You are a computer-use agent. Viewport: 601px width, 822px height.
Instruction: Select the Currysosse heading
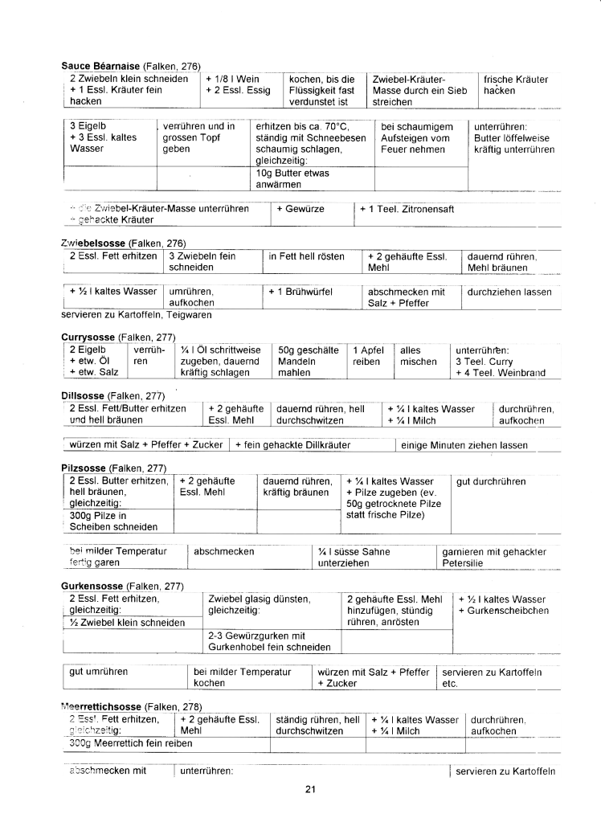pos(89,337)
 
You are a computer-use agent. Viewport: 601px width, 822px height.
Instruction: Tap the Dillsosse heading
pos(85,395)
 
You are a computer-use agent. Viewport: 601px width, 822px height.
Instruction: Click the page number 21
pos(310,788)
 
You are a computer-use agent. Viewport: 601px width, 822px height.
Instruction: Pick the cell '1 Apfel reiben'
pos(367,356)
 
